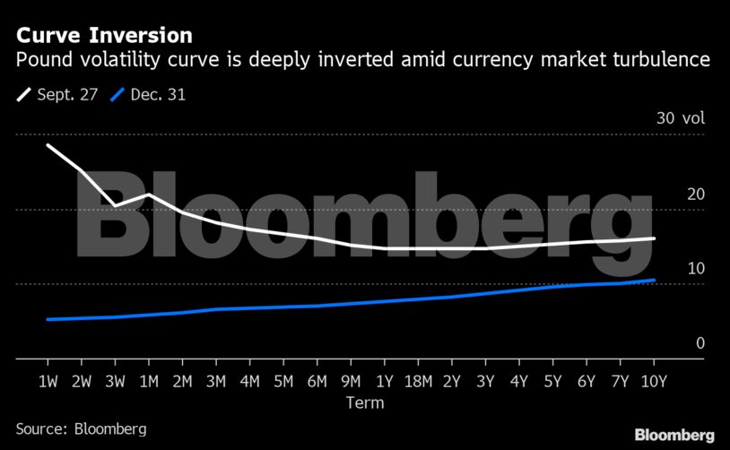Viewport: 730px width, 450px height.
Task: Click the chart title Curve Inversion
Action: coord(104,36)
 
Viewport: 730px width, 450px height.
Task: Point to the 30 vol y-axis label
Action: coord(681,119)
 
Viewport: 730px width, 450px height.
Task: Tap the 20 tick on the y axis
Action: coord(671,195)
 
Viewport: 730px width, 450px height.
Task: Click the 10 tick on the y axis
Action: coord(671,269)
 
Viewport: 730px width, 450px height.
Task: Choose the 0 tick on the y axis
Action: coord(675,343)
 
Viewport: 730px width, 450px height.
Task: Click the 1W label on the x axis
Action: coord(48,381)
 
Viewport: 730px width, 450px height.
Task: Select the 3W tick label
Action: coord(115,381)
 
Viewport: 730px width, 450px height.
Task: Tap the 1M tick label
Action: coord(149,381)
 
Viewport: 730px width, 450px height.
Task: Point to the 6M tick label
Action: coord(317,381)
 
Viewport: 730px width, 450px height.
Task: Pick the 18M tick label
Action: coord(418,381)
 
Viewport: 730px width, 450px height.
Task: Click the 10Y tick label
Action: coord(655,381)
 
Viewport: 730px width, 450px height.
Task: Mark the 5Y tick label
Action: coord(553,381)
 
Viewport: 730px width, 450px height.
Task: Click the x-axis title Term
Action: coord(365,402)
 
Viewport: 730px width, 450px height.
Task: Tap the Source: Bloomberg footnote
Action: coord(81,428)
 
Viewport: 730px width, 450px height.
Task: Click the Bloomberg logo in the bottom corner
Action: coord(674,435)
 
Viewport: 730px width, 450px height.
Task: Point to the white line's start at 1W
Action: coord(48,145)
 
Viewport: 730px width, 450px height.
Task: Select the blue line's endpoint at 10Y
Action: coord(655,280)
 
